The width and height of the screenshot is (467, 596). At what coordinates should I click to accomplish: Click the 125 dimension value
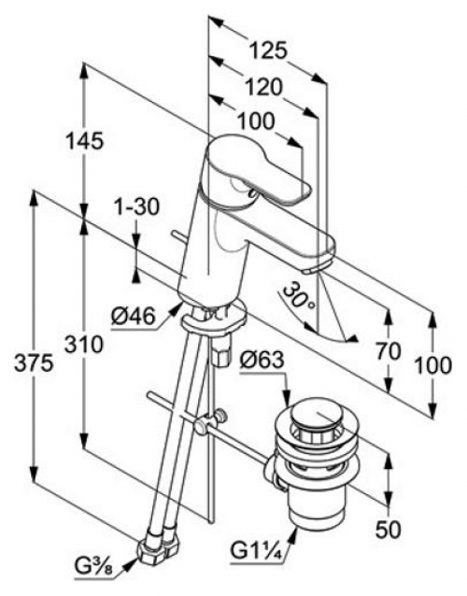pyautogui.click(x=269, y=50)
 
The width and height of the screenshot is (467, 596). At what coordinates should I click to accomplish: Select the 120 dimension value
pyautogui.click(x=263, y=88)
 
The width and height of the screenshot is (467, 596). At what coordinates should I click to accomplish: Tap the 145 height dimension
pyautogui.click(x=84, y=141)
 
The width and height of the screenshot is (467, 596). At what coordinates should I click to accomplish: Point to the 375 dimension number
pyautogui.click(x=34, y=364)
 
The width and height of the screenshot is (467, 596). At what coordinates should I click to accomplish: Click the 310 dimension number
pyautogui.click(x=84, y=345)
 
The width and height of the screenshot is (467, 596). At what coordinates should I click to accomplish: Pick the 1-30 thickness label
pyautogui.click(x=137, y=207)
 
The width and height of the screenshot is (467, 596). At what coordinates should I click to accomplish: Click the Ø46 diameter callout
pyautogui.click(x=134, y=317)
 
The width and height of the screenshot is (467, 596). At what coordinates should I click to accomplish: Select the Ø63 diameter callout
pyautogui.click(x=262, y=360)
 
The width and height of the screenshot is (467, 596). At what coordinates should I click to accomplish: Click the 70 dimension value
pyautogui.click(x=389, y=351)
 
